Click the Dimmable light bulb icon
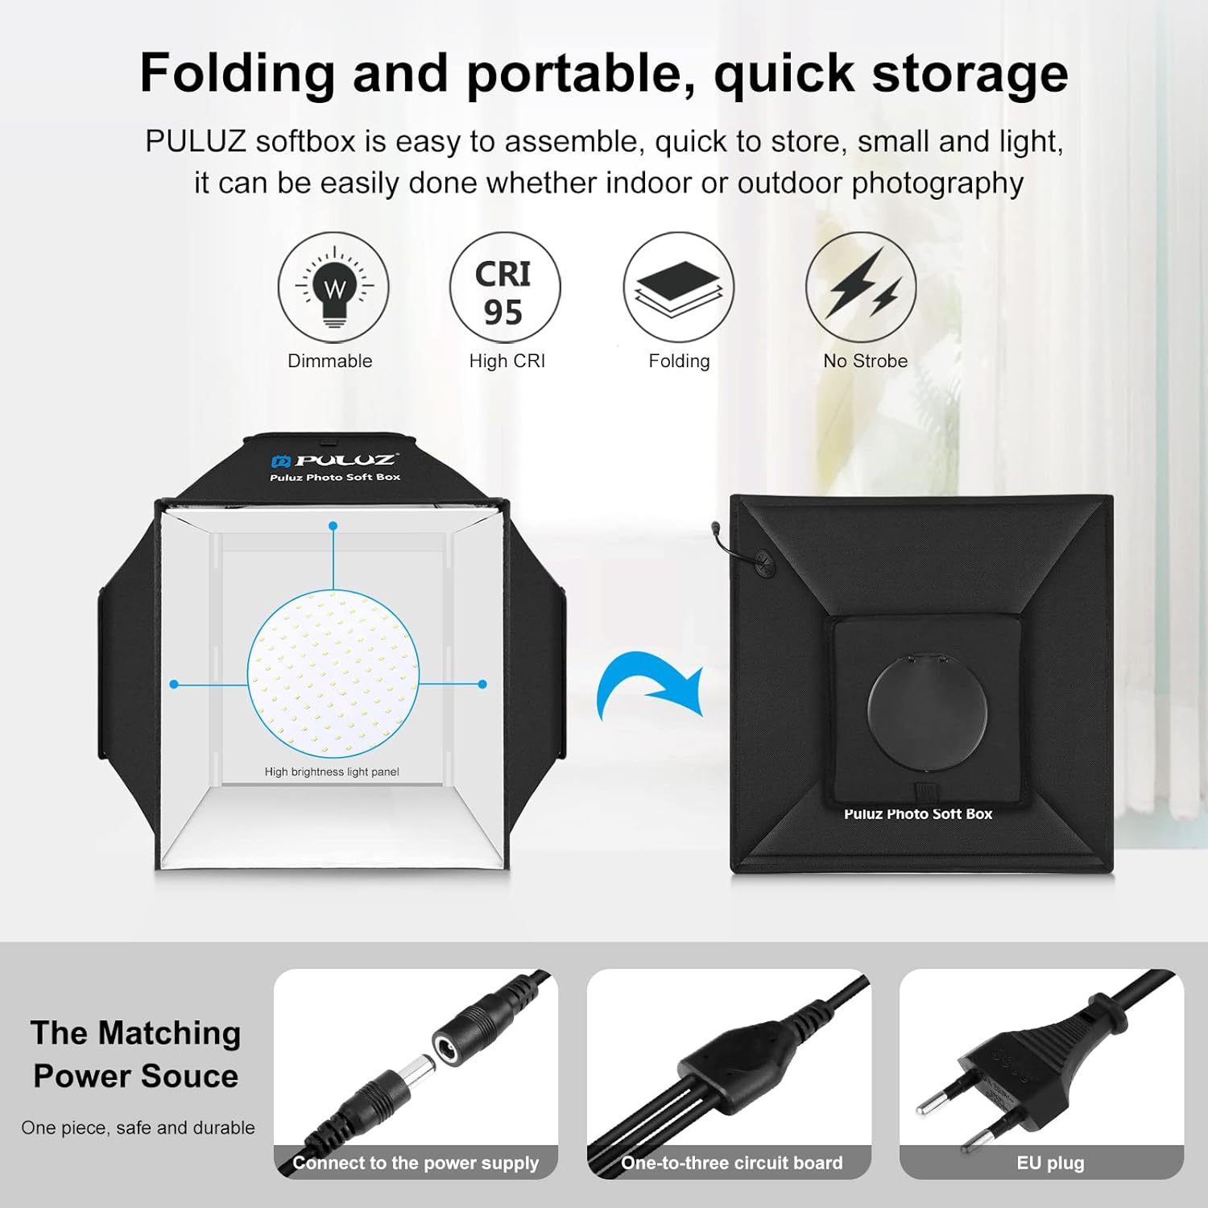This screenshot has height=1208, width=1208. click(333, 288)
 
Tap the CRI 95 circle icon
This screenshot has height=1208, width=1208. click(504, 288)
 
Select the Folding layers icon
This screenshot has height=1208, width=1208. click(678, 288)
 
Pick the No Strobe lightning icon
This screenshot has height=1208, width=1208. click(861, 288)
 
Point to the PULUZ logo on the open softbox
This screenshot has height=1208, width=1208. click(335, 461)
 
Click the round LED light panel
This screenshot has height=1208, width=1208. click(333, 673)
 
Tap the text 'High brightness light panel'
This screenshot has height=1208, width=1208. click(332, 772)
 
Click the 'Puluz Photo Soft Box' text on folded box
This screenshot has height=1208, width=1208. click(918, 814)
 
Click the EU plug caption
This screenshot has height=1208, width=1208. click(1050, 1163)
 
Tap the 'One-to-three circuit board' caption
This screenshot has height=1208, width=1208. click(731, 1163)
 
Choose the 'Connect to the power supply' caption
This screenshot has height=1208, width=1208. click(416, 1163)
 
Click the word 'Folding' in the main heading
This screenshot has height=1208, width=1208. click(237, 73)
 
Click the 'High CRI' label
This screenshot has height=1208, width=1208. click(507, 361)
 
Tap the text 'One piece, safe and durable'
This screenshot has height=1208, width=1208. click(138, 1127)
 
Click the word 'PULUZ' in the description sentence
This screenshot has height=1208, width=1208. click(196, 142)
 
